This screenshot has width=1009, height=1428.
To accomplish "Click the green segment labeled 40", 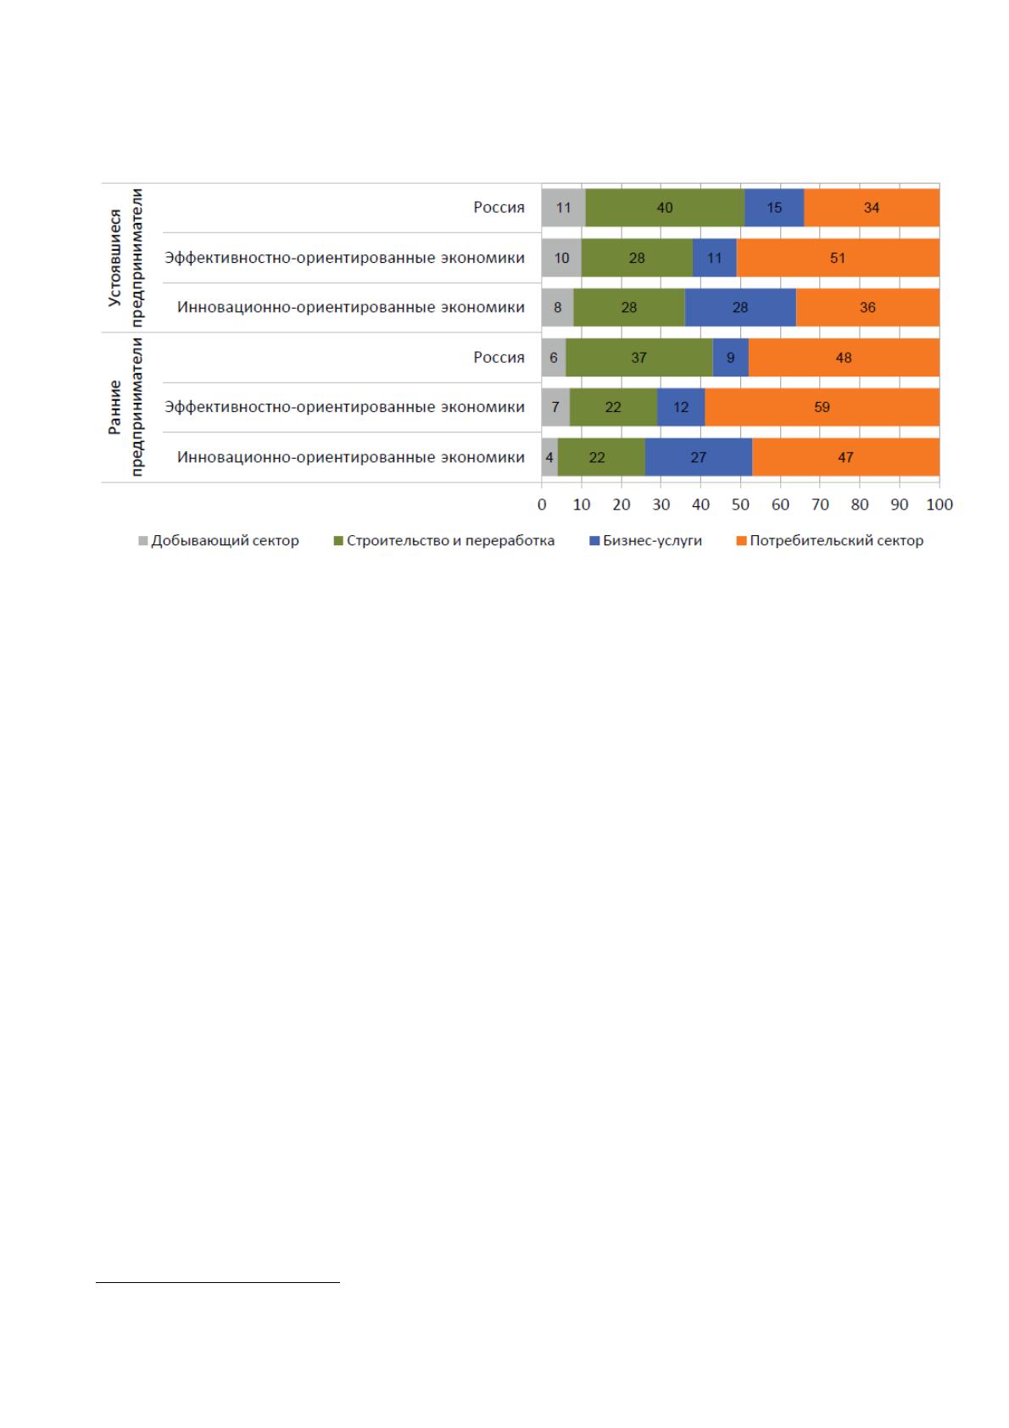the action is pyautogui.click(x=665, y=208).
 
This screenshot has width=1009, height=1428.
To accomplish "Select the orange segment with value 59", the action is pyautogui.click(x=822, y=407).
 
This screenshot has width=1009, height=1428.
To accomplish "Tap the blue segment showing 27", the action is pyautogui.click(x=699, y=457).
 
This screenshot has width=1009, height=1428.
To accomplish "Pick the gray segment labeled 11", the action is pyautogui.click(x=564, y=208).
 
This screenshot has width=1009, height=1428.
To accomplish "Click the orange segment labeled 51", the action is pyautogui.click(x=839, y=258).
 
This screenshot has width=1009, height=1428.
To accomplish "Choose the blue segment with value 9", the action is pyautogui.click(x=730, y=358).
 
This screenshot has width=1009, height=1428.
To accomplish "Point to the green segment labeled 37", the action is pyautogui.click(x=639, y=358).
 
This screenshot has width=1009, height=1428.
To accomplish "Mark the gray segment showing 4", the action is pyautogui.click(x=549, y=457).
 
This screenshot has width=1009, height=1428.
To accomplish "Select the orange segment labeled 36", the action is pyautogui.click(x=867, y=307).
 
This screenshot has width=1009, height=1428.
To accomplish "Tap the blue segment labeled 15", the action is pyautogui.click(x=774, y=208).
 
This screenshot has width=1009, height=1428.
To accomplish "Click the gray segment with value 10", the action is pyautogui.click(x=561, y=258).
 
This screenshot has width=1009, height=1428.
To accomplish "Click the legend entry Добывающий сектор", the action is pyautogui.click(x=219, y=541).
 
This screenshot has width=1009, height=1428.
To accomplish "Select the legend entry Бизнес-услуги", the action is pyautogui.click(x=646, y=541).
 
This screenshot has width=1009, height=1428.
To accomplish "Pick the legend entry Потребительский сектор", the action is pyautogui.click(x=830, y=541).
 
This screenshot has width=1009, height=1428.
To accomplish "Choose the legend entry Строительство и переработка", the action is pyautogui.click(x=444, y=541).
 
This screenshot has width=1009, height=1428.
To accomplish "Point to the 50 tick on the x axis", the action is pyautogui.click(x=741, y=505).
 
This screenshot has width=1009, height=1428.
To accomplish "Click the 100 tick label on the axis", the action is pyautogui.click(x=939, y=505).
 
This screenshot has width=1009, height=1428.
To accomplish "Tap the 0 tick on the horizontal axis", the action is pyautogui.click(x=542, y=505).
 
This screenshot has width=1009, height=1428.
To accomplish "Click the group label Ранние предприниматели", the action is pyautogui.click(x=125, y=407).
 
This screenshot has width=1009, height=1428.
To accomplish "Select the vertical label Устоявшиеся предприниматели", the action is pyautogui.click(x=125, y=258).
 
